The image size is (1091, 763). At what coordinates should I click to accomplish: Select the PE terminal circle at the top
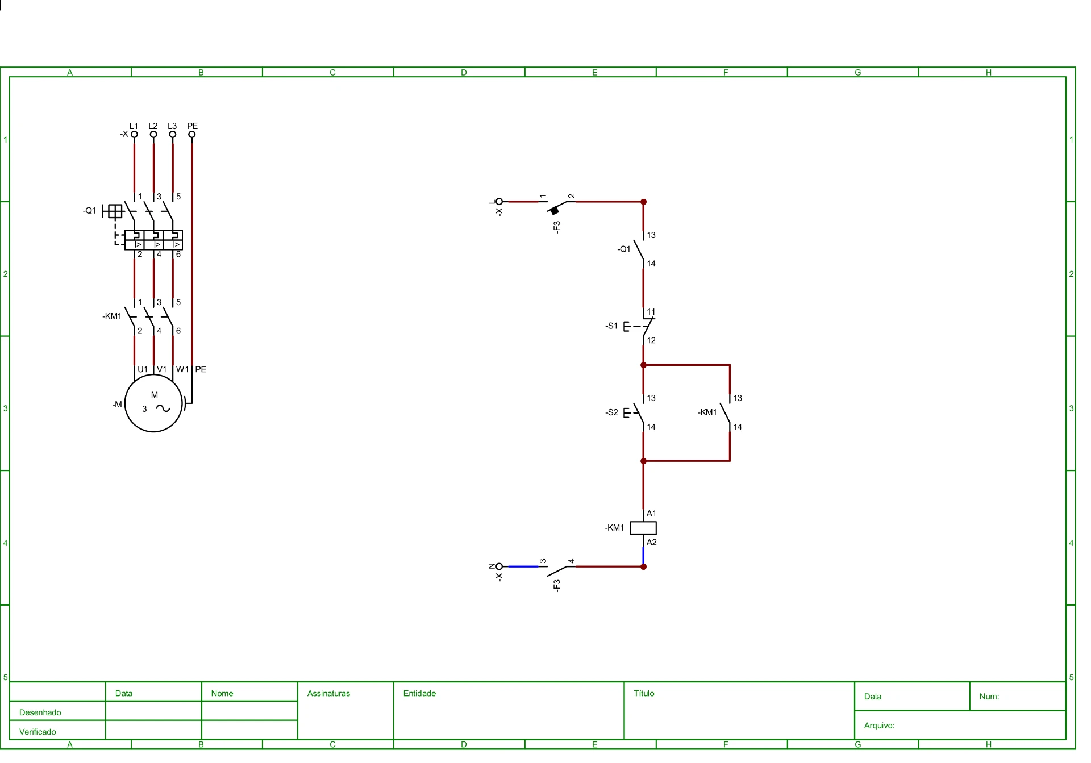point(192,135)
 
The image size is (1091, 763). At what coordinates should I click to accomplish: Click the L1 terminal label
point(134,126)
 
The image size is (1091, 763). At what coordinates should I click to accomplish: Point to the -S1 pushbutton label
point(611,326)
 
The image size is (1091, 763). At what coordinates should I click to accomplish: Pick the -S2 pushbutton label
point(611,412)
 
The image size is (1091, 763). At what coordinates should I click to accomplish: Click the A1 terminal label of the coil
point(652,514)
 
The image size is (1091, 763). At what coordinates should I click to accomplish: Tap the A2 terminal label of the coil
point(652,543)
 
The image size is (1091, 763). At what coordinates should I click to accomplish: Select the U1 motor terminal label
point(143,369)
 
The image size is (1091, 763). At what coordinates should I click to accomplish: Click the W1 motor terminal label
point(182,369)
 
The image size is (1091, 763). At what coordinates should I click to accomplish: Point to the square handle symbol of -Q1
point(115,211)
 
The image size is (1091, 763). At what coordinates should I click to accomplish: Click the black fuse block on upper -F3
point(555,211)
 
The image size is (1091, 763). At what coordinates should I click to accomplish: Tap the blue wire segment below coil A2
point(643,556)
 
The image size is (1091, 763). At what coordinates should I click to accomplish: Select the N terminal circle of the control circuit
point(499,566)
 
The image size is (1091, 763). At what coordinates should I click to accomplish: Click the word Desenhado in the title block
point(40,712)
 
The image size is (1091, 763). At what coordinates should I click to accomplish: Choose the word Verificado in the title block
point(38,732)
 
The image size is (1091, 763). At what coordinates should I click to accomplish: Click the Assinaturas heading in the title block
point(328,693)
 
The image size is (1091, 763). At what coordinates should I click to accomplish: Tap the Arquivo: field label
point(879,726)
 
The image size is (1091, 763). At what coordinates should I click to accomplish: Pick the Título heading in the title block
point(644,693)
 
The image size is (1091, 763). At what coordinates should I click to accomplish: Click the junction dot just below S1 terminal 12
point(643,365)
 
